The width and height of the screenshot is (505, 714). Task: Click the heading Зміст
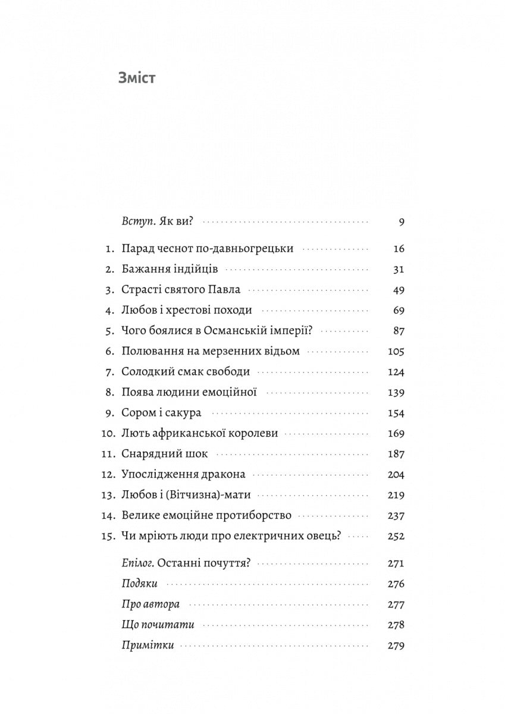[137, 78]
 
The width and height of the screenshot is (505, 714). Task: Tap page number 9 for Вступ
[402, 223]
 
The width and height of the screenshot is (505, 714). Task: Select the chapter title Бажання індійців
[169, 270]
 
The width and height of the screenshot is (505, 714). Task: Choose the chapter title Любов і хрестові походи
[186, 310]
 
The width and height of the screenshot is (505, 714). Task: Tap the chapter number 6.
[109, 351]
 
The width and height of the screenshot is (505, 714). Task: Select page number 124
[396, 372]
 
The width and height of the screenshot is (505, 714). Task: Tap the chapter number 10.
[107, 433]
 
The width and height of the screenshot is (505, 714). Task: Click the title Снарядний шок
[164, 454]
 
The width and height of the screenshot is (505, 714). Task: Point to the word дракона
[224, 474]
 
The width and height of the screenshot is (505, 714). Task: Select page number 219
[396, 495]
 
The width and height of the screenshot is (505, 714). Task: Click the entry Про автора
[150, 605]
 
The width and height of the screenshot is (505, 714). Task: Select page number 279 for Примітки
[396, 646]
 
